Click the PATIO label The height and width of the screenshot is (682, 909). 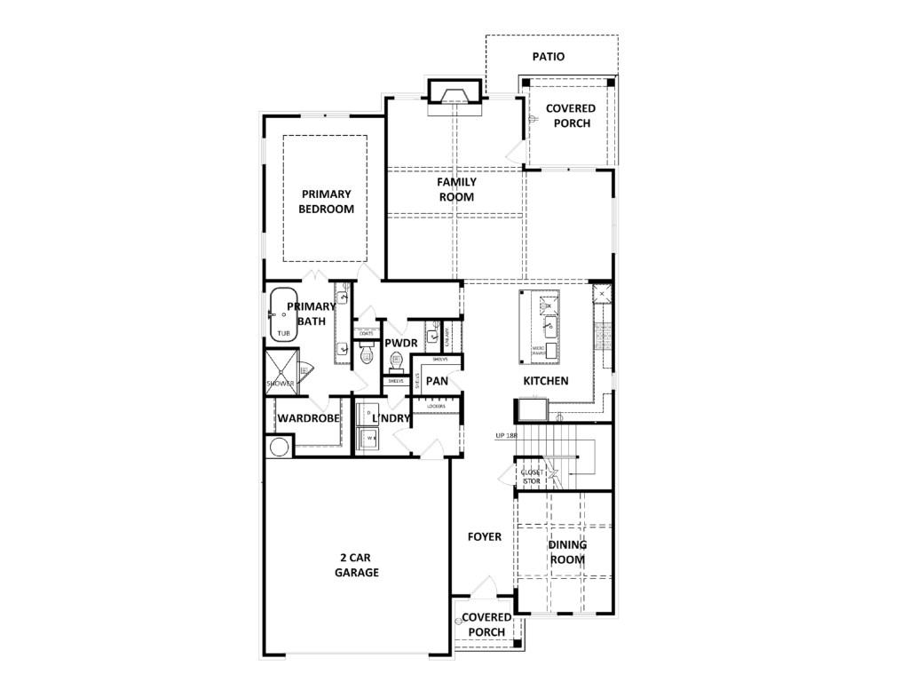(549, 57)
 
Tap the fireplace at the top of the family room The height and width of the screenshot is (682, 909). (455, 92)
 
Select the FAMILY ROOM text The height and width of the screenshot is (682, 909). (456, 189)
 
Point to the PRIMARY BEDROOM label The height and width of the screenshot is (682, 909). (326, 202)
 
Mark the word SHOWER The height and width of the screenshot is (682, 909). (280, 384)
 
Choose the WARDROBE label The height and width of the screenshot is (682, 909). (309, 417)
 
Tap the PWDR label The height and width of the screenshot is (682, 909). (401, 344)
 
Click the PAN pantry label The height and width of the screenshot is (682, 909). (437, 381)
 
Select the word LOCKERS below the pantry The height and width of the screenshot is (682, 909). (436, 406)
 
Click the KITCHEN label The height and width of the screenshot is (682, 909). (545, 381)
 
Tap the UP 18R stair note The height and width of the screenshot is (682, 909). (507, 436)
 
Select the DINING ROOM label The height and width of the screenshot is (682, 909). (567, 551)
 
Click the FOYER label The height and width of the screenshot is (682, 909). (484, 537)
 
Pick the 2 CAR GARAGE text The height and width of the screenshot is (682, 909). (357, 565)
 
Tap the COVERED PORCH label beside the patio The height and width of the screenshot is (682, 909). (571, 115)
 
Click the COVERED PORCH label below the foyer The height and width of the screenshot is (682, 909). (486, 624)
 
